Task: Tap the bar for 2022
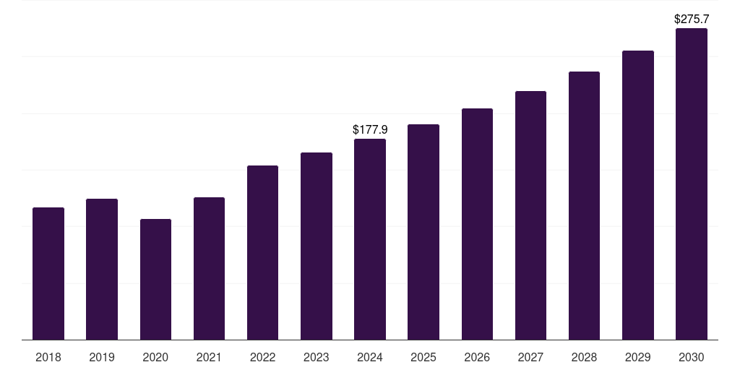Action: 262,252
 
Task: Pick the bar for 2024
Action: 370,239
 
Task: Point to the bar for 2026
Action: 477,224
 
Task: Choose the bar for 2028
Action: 584,205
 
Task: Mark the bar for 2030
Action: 692,184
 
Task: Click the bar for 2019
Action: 102,269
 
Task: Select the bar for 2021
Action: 209,268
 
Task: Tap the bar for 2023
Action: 317,246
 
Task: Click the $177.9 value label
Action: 370,129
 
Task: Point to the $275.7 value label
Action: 692,19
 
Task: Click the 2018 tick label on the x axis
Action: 48,357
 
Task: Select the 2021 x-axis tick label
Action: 209,357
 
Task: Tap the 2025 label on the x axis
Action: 423,357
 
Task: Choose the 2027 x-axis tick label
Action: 530,357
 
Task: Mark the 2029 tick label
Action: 638,357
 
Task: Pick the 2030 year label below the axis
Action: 692,357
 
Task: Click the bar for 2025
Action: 423,232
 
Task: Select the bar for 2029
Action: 638,195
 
